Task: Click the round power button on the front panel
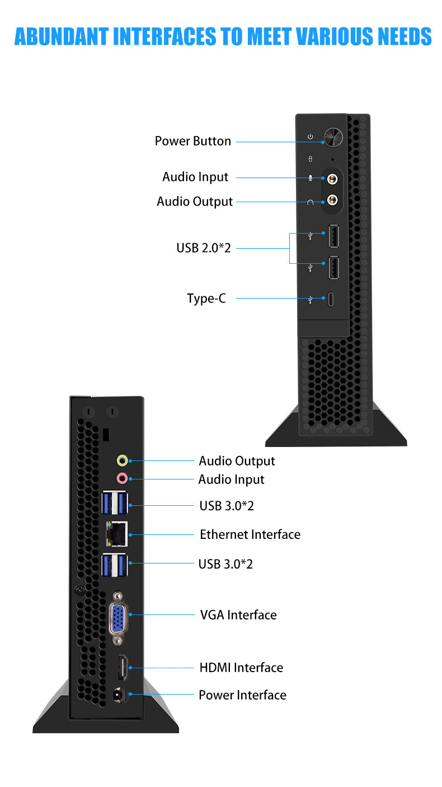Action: (333, 137)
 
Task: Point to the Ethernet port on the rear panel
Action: (117, 534)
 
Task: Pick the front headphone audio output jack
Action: (333, 200)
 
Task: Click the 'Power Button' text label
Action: (192, 141)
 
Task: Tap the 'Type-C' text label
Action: (206, 298)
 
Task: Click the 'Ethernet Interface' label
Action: (250, 534)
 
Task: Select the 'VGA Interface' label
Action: (238, 615)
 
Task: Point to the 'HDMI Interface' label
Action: (241, 668)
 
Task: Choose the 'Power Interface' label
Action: (242, 695)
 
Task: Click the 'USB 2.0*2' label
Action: (204, 247)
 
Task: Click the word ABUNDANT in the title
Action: (61, 36)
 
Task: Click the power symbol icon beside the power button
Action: (311, 137)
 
